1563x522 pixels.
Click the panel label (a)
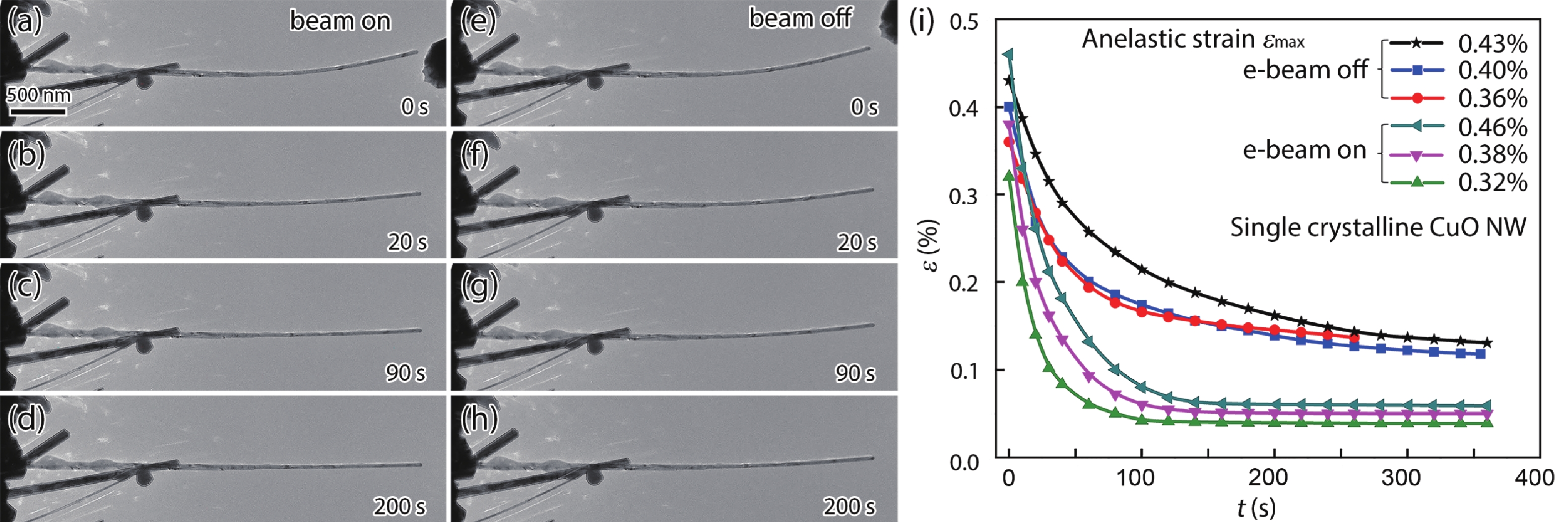(x=25, y=22)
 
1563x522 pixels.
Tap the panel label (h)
(x=479, y=418)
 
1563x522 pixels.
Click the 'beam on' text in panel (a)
(x=340, y=21)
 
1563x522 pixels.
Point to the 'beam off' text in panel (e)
(x=800, y=18)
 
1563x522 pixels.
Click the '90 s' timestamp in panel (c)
(x=405, y=372)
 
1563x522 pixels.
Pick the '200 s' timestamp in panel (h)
(x=849, y=506)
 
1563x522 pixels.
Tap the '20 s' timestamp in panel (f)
(x=857, y=242)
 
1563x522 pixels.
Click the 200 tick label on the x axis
(x=1268, y=478)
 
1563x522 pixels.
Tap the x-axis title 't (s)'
(x=1256, y=508)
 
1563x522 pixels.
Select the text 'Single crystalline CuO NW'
(x=1377, y=228)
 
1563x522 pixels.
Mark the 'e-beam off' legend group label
(x=1304, y=70)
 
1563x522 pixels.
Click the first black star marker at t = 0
(x=1009, y=80)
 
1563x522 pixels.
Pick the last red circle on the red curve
(x=1354, y=337)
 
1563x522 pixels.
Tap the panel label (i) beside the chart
(x=922, y=22)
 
